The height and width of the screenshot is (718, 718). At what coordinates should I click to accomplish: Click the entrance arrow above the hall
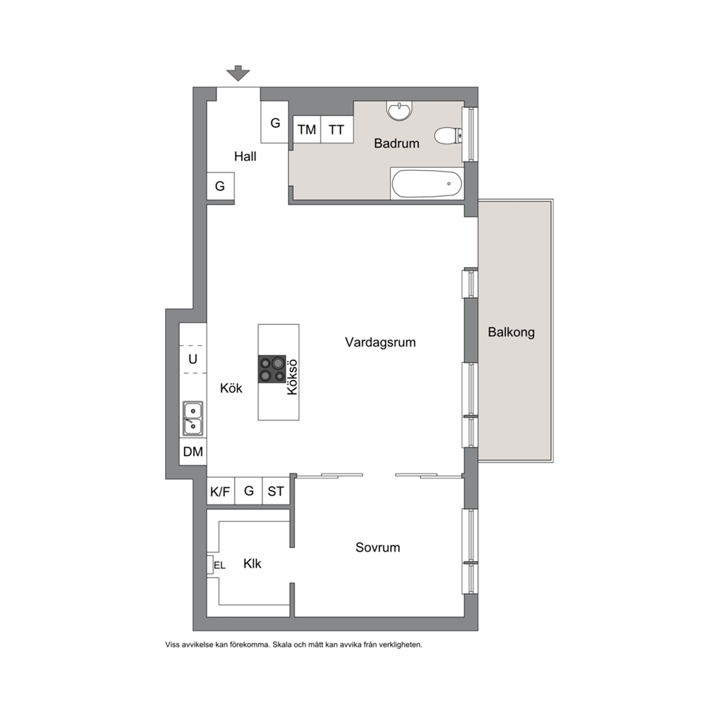(x=238, y=73)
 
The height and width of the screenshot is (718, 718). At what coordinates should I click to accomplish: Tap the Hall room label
(x=245, y=156)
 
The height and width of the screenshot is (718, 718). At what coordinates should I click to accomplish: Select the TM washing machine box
(x=307, y=130)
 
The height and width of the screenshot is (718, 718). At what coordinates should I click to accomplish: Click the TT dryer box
(x=337, y=130)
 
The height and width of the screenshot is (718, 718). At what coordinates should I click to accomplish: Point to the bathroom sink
(x=400, y=110)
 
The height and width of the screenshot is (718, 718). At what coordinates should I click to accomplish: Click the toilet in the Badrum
(x=448, y=136)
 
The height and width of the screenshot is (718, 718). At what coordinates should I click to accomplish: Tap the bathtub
(x=427, y=184)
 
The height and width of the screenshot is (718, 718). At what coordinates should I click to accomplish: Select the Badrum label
(x=397, y=143)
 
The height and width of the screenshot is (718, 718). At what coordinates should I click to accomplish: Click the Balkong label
(x=511, y=332)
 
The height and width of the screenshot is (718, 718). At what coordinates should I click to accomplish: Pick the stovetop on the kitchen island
(x=272, y=369)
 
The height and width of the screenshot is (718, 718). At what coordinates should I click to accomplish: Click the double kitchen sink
(x=193, y=418)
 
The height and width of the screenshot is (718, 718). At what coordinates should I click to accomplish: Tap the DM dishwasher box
(x=193, y=452)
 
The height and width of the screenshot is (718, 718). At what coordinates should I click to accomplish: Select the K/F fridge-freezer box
(x=220, y=491)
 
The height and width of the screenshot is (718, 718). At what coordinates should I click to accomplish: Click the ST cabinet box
(x=276, y=491)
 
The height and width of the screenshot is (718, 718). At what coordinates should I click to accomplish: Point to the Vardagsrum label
(x=381, y=342)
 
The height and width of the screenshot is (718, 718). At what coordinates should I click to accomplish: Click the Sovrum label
(x=378, y=548)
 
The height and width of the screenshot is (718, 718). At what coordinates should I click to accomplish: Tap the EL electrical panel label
(x=220, y=565)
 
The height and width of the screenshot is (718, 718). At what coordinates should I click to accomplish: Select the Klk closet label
(x=252, y=564)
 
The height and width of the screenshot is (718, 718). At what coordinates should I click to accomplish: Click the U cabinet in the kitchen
(x=193, y=360)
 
